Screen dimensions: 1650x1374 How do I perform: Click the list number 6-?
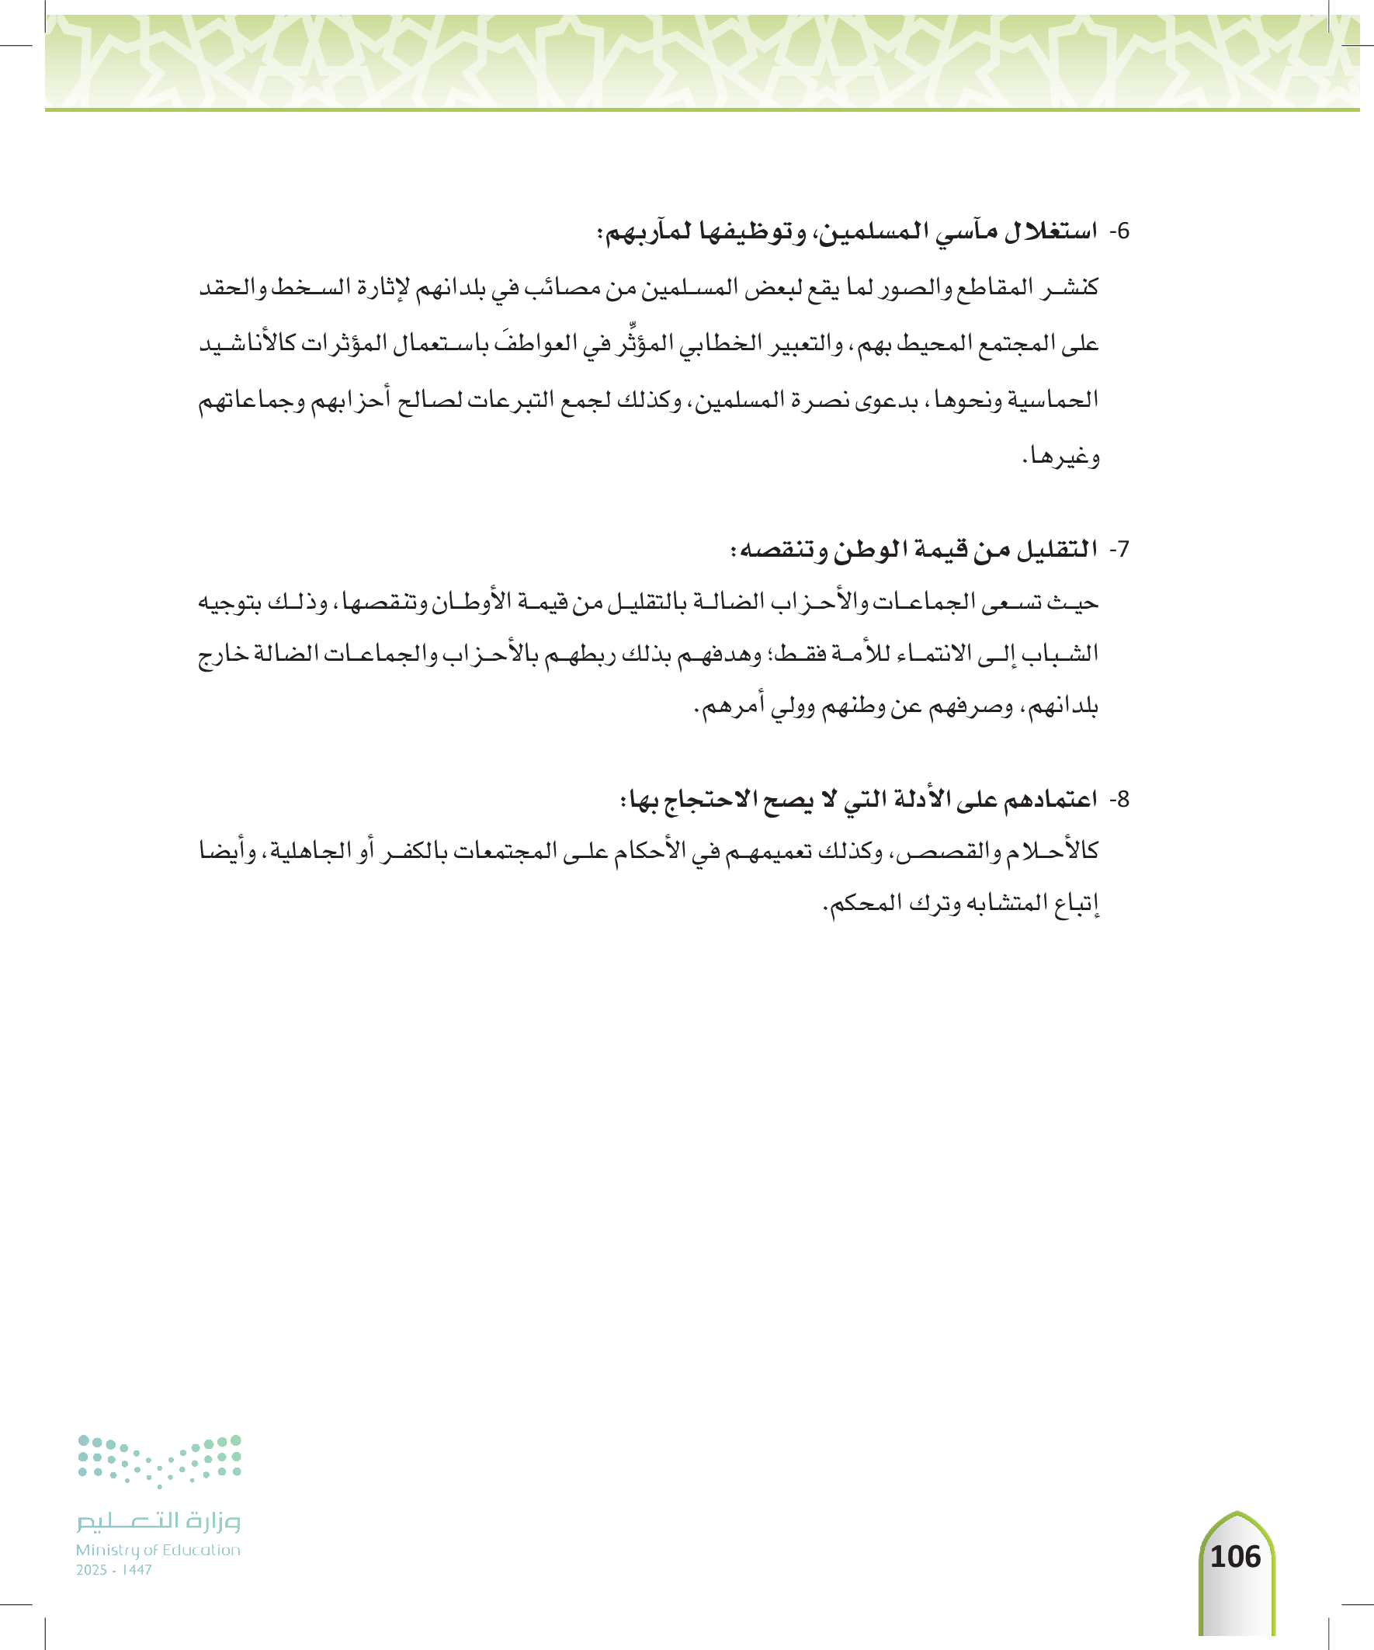point(1119,231)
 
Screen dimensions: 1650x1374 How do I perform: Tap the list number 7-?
point(1119,548)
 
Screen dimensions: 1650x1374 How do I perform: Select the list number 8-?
point(1119,799)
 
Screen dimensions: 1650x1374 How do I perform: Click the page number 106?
point(1235,1557)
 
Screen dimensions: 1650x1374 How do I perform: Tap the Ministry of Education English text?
point(158,1549)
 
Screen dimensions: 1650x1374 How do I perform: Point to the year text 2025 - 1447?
point(114,1569)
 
